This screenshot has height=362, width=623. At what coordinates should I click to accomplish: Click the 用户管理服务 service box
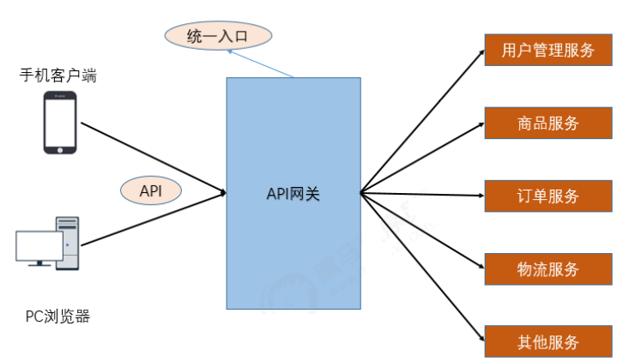(548, 50)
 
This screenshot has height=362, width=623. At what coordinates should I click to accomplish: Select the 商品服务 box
(548, 123)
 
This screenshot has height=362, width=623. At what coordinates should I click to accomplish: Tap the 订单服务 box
(548, 196)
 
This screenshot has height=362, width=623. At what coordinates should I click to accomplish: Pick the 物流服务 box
(548, 268)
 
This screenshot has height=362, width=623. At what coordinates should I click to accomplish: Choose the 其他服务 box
(548, 341)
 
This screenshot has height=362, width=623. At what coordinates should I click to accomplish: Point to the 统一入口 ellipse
(218, 36)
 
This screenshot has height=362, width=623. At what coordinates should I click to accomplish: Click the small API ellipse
(151, 190)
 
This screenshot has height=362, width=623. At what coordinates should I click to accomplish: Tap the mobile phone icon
(60, 124)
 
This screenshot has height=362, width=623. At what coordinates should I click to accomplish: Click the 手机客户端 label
(58, 75)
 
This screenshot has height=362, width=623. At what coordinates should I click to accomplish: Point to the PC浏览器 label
(57, 317)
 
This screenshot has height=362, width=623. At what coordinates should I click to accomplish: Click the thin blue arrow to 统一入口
(262, 63)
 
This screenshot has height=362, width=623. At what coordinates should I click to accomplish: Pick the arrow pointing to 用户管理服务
(420, 124)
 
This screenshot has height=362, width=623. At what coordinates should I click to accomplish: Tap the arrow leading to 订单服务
(420, 195)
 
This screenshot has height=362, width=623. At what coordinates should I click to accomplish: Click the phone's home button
(60, 148)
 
